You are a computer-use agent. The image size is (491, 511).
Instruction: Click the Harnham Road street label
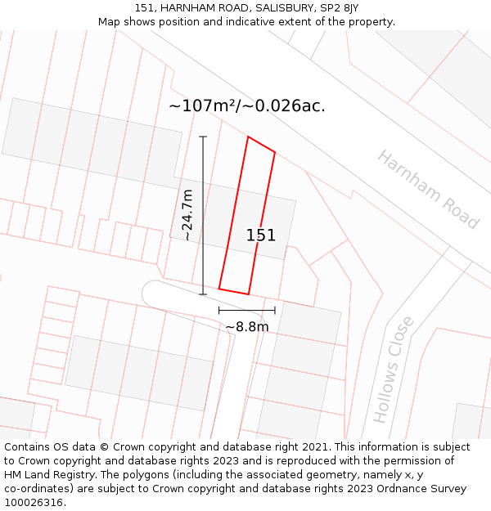427,190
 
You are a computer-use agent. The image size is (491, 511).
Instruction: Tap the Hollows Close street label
394,370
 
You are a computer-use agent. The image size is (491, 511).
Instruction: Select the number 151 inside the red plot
261,235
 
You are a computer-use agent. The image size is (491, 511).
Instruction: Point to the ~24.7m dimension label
187,215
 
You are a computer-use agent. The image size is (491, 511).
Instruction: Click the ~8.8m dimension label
247,327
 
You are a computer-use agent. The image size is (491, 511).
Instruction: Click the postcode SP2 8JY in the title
340,8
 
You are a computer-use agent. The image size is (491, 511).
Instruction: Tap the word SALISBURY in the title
276,8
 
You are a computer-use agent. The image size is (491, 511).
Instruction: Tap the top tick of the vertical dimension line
203,137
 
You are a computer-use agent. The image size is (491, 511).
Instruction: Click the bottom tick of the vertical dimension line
203,294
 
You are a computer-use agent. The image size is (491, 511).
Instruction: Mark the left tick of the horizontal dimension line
218,310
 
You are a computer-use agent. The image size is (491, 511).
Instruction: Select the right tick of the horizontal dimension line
275,310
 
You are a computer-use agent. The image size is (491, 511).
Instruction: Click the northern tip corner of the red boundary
248,137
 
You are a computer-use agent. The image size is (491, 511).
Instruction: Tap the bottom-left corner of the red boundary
218,289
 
